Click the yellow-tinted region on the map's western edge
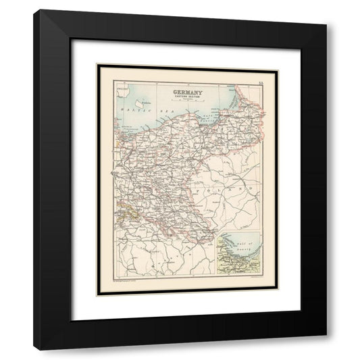pyautogui.click(x=120, y=215)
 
